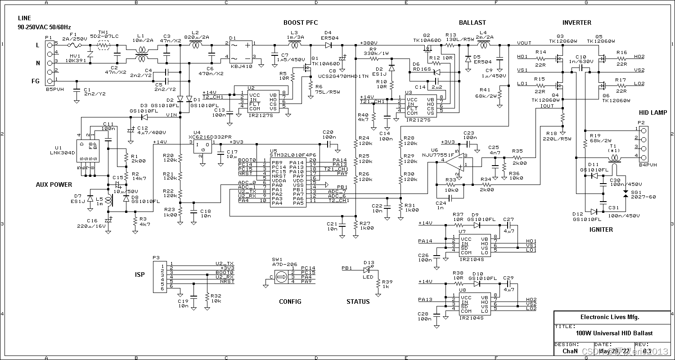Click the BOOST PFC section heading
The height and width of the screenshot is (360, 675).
[301, 22]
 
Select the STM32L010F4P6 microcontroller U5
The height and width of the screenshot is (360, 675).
[287, 180]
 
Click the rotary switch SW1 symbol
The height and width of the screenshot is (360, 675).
[280, 275]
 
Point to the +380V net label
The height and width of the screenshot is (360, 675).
[369, 43]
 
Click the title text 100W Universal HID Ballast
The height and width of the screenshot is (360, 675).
[614, 333]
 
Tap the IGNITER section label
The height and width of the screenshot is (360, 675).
[601, 229]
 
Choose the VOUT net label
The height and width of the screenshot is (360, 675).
[524, 43]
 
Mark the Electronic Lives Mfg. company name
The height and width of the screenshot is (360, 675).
[610, 317]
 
